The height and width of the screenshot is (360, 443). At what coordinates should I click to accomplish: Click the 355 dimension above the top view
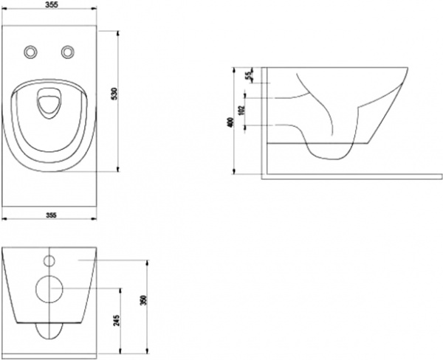click(x=51, y=5)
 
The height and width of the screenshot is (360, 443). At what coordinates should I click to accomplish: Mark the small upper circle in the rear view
click(x=50, y=260)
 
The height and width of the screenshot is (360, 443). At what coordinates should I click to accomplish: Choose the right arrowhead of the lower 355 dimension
click(x=96, y=219)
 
